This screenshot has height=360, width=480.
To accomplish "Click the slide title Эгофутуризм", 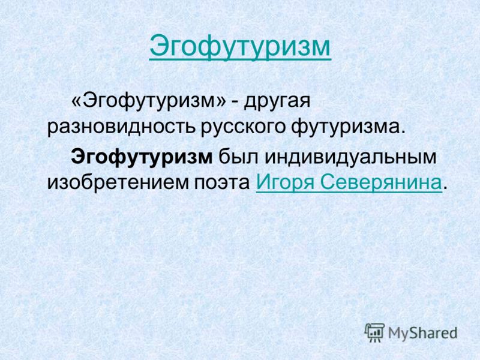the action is [240, 48].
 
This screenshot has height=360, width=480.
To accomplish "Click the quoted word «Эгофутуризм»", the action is [149, 101].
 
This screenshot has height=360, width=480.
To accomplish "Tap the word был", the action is [238, 157].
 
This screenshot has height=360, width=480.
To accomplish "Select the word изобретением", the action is [118, 183].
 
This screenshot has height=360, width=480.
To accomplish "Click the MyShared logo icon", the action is [374, 333].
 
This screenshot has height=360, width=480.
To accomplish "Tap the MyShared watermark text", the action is [422, 334].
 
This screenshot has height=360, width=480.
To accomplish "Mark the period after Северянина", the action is [445, 187].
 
